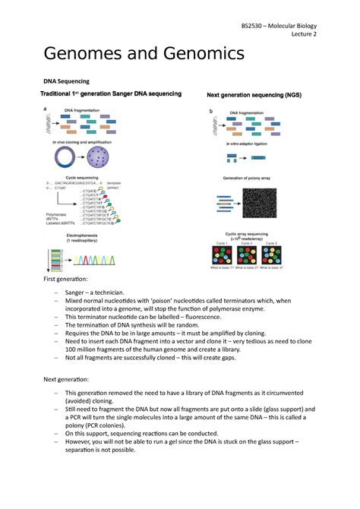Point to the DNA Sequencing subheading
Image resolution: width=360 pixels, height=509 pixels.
66,81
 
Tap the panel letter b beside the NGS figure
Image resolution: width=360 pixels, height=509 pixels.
210,111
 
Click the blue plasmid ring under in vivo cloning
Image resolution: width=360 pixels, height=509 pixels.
63,159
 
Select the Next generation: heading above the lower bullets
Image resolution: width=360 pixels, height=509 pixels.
68,378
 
